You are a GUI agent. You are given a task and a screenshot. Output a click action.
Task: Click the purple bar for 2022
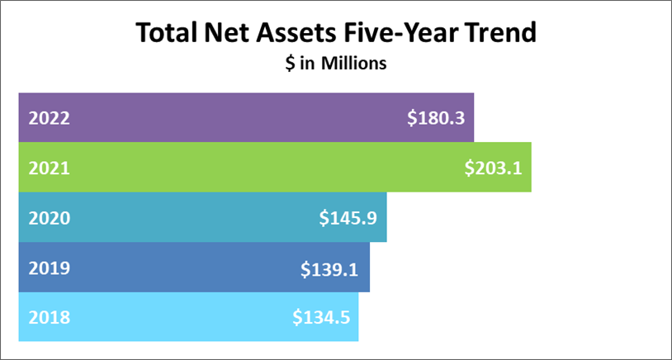(x=246, y=117)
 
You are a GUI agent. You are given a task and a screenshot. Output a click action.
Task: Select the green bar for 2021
(x=275, y=167)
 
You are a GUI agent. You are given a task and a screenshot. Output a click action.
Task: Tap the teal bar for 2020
(x=202, y=217)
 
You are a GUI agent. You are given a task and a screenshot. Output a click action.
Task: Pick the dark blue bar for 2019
(x=194, y=267)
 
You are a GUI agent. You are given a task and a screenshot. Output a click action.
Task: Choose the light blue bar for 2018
(x=188, y=317)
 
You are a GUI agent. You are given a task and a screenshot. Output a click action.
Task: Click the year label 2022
(x=49, y=119)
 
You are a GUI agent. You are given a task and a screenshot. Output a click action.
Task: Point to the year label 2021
(x=49, y=168)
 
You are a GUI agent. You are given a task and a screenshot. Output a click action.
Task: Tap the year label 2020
(x=49, y=219)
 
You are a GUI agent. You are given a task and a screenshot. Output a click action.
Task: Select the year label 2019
(x=49, y=268)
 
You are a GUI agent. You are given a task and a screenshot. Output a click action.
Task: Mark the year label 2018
(x=49, y=318)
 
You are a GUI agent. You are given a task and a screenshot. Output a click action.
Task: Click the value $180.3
(x=436, y=119)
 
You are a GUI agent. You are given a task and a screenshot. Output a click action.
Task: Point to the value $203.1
(x=494, y=168)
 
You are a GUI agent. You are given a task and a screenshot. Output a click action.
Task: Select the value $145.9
(x=348, y=219)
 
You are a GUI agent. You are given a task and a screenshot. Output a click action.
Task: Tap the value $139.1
(x=329, y=268)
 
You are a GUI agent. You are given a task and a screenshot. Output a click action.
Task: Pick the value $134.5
(x=321, y=318)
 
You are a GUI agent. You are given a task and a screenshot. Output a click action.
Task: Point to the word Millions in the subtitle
(x=354, y=64)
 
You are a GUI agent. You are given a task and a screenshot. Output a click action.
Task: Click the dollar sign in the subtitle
(x=290, y=64)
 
